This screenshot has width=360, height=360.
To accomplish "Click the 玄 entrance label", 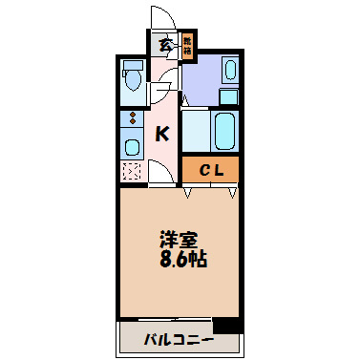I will [164, 44].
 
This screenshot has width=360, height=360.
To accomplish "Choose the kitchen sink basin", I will [132, 146].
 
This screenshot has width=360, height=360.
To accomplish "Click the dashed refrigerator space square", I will [132, 172].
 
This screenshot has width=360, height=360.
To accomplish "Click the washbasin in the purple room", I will [228, 71].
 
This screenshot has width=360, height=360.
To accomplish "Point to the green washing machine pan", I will [228, 95].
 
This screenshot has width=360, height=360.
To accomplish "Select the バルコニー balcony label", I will [178, 339].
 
